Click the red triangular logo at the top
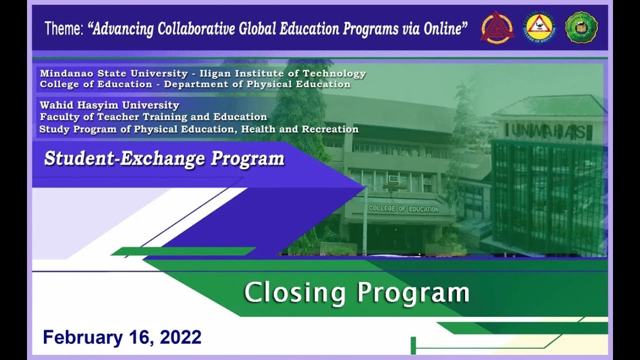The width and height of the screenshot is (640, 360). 497,27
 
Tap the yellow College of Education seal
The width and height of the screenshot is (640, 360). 539,27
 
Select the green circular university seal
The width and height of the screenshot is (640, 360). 581,27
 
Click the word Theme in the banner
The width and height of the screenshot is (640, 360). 63,29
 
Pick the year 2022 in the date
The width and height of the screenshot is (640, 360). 180,337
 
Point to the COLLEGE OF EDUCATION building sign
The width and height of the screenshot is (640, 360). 403,209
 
